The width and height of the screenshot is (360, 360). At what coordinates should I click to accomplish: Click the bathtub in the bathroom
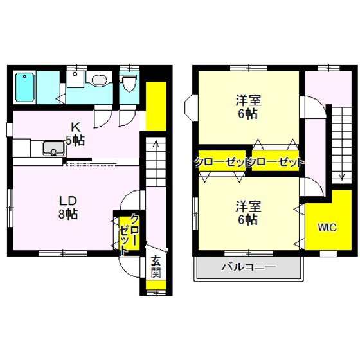25,87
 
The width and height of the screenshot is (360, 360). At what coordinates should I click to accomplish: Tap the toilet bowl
130,83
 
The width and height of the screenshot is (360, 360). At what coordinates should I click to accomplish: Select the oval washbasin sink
100,80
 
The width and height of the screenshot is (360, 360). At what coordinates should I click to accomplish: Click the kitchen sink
54,148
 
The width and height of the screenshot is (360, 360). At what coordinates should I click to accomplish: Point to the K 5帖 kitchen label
75,134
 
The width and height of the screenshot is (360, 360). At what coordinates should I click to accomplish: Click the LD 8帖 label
68,208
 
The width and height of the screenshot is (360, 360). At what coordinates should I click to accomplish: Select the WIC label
327,228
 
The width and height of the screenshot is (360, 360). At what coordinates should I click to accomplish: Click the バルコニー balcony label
248,267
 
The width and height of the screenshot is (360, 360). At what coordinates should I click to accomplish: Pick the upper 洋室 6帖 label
248,107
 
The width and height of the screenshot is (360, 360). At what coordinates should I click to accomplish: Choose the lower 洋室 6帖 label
248,213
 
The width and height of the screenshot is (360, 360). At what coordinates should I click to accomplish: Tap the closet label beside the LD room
129,234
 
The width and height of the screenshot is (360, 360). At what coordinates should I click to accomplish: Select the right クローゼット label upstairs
277,163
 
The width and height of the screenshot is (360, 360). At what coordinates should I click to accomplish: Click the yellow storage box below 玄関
156,285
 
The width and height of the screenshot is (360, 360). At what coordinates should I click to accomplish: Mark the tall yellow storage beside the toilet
156,106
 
